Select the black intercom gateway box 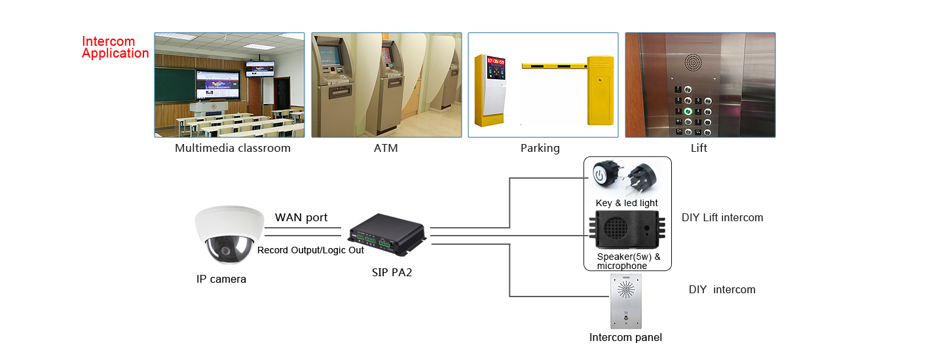coord(386,235)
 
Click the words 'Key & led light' coord(627,203)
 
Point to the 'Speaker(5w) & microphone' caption coord(628,261)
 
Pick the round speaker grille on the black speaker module coord(615,228)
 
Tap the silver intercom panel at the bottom coord(626,300)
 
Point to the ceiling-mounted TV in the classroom coord(260,68)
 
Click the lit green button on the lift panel coord(688,111)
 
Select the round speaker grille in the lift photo coord(693,63)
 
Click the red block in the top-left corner coord(115,48)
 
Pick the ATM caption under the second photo coord(386,148)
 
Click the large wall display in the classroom coord(219,84)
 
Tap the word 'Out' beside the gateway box coord(356,250)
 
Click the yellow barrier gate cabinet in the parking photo coord(601,90)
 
